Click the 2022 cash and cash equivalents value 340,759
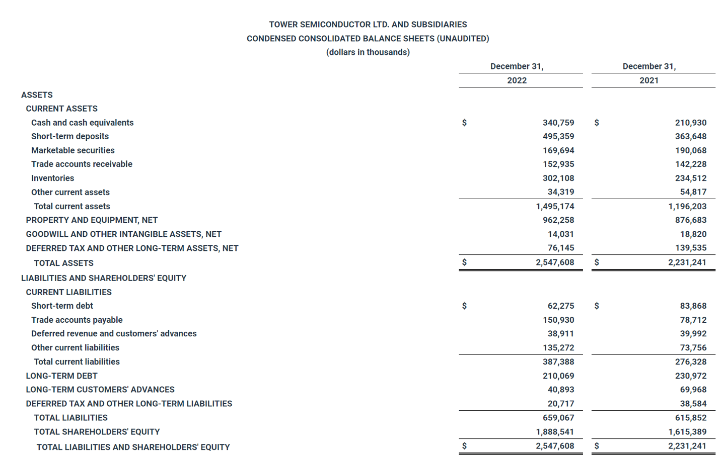pos(558,123)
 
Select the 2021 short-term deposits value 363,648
pos(690,136)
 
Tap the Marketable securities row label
pos(73,150)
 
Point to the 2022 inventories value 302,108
pos(558,178)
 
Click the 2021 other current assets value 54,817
pos(693,192)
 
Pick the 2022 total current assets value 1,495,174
pos(555,206)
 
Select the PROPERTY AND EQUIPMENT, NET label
pos(92,220)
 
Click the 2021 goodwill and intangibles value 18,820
pos(693,234)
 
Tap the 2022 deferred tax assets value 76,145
pos(560,248)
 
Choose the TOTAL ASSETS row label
pos(63,263)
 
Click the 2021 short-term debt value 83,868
pos(693,306)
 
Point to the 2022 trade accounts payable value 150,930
pos(558,320)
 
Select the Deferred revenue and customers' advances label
pos(114,334)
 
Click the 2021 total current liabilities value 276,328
pos(690,361)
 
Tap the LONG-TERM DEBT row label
pos(61,376)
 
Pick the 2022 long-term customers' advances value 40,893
pos(560,390)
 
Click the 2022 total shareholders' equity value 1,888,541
pos(555,432)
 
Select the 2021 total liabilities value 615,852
pos(690,418)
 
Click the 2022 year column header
pos(517,80)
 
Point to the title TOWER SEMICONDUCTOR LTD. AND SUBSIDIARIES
pos(368,25)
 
